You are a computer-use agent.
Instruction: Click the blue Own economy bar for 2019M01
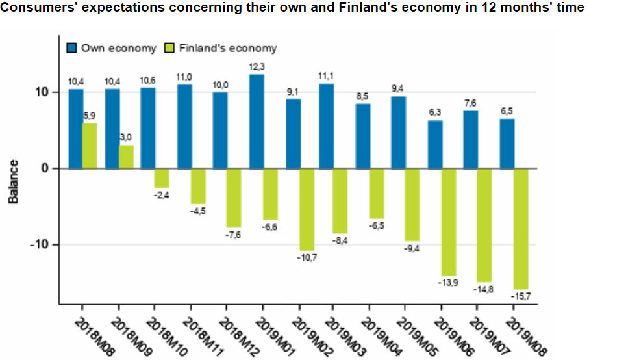pyautogui.click(x=257, y=122)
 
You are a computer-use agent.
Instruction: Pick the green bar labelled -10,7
pyautogui.click(x=307, y=209)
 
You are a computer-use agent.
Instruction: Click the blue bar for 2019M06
pyautogui.click(x=435, y=144)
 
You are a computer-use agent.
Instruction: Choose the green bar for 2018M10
pyautogui.click(x=162, y=178)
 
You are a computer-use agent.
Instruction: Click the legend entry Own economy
pyautogui.click(x=111, y=48)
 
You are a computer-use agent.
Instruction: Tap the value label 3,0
pyautogui.click(x=125, y=137)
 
